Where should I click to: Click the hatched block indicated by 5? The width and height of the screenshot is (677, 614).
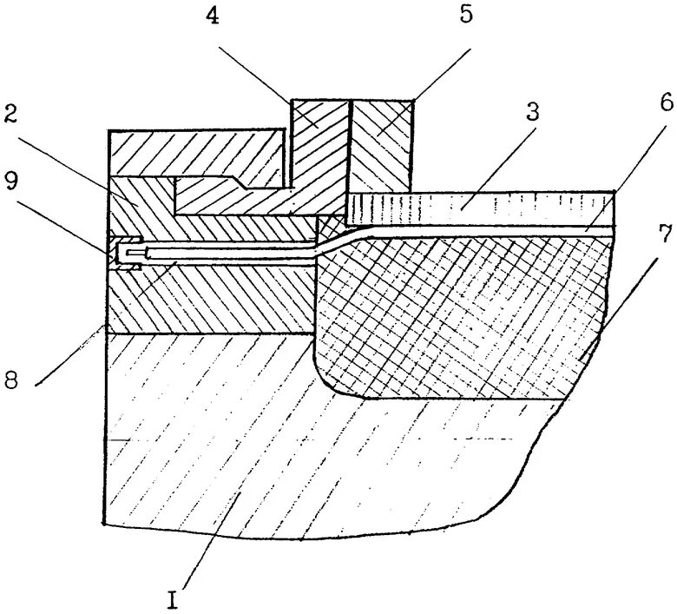tap(378, 143)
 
